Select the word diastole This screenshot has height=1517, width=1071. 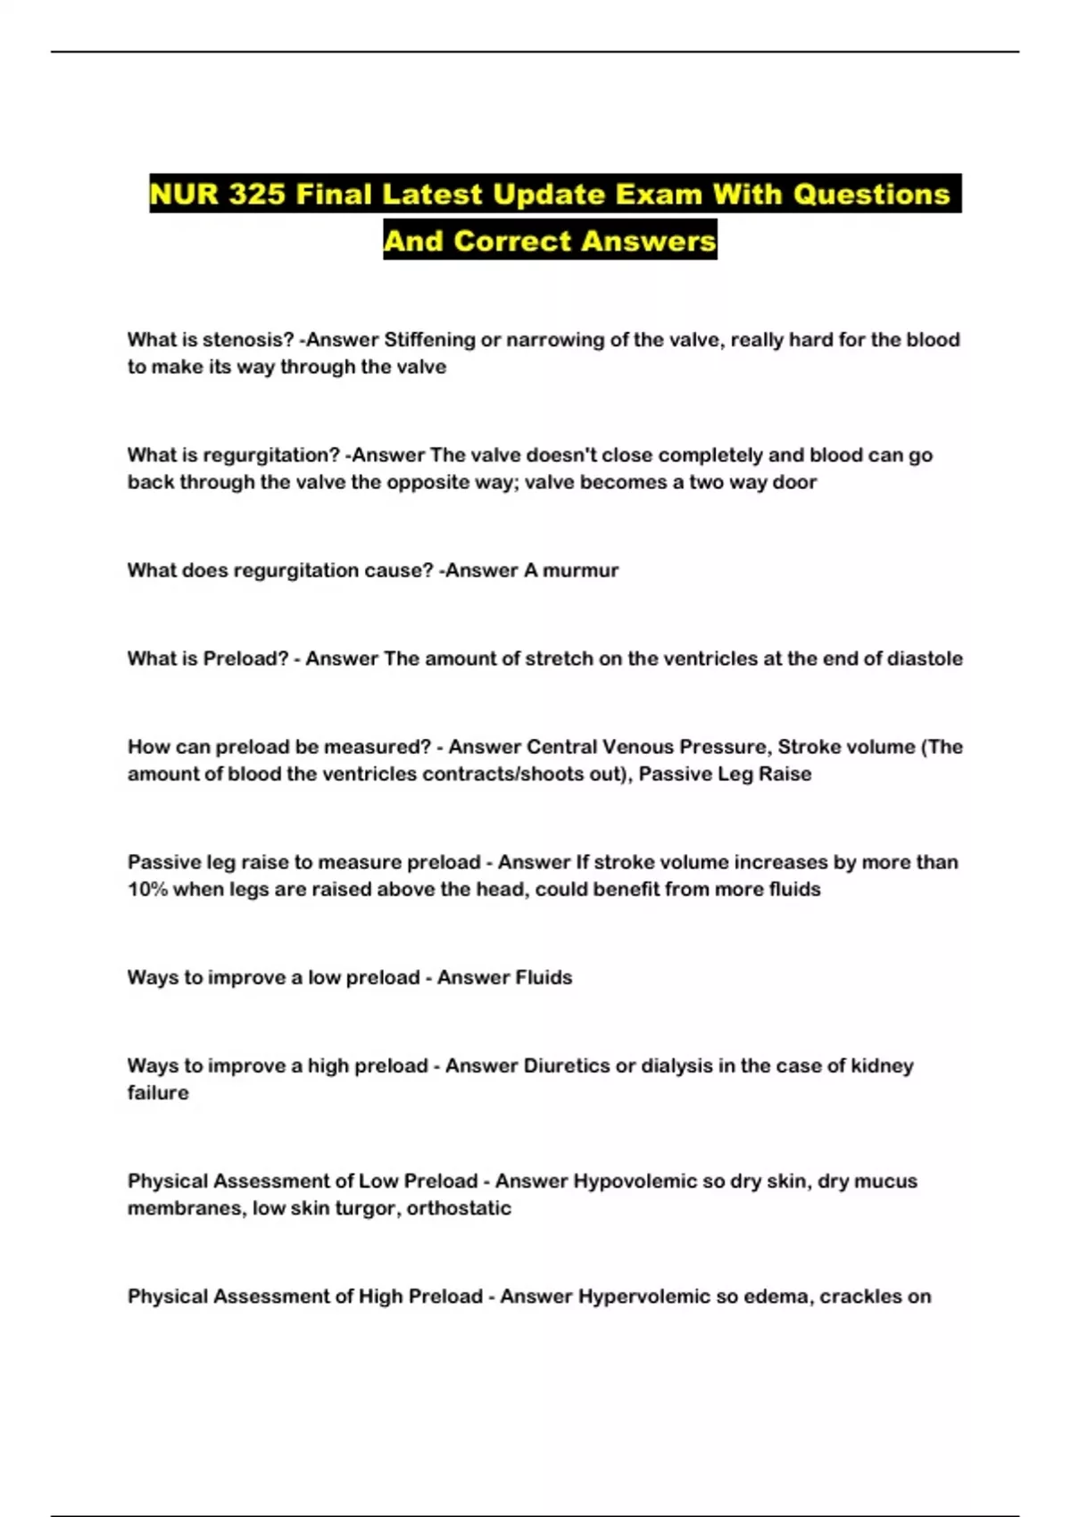(x=925, y=659)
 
